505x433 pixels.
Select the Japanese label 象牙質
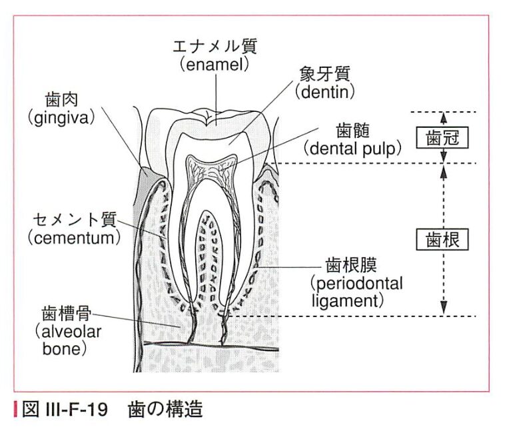click(323, 71)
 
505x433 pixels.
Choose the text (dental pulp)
click(354, 147)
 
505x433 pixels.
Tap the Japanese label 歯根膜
click(351, 266)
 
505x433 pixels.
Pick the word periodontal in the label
click(356, 284)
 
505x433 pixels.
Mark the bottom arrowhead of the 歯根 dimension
click(444, 308)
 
